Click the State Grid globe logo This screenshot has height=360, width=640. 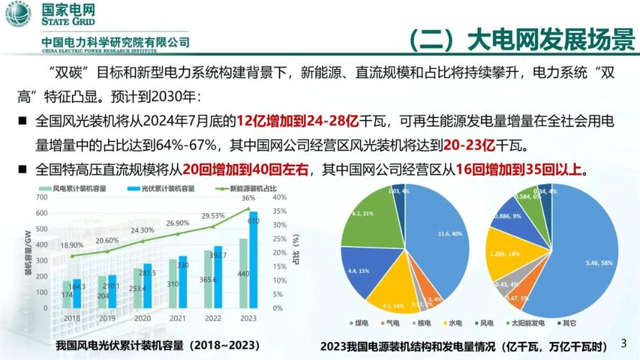(x=18, y=14)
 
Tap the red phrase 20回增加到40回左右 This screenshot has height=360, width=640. (x=245, y=169)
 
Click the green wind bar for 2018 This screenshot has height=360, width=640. (x=67, y=295)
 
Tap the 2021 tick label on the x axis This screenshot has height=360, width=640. (x=177, y=318)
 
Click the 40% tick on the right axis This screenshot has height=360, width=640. (x=280, y=197)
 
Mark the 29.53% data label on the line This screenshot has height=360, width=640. (x=213, y=215)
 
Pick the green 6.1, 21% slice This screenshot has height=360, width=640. (x=364, y=220)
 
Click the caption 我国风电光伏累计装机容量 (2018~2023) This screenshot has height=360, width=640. (x=158, y=345)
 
